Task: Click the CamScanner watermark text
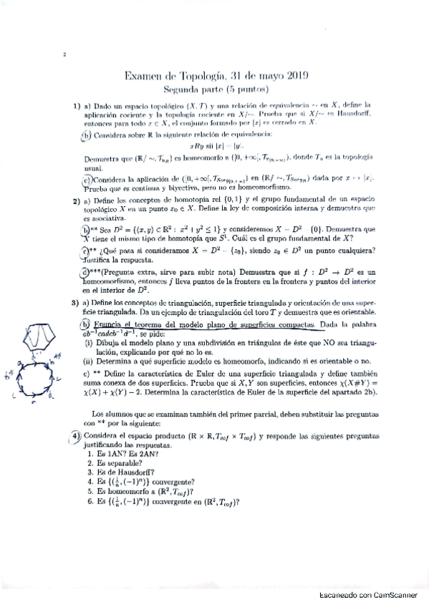click(x=370, y=595)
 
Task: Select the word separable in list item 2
click(x=115, y=462)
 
